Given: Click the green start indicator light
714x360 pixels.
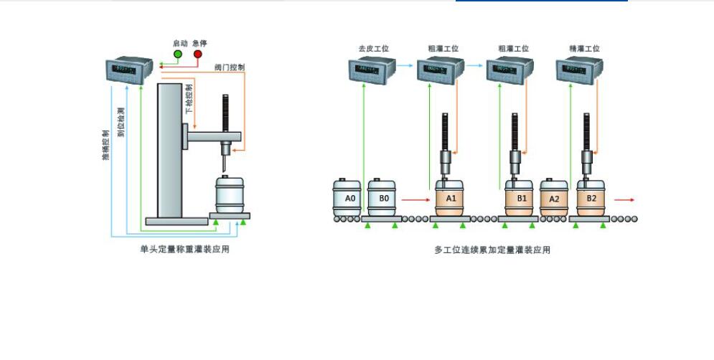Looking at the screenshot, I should tap(177, 55).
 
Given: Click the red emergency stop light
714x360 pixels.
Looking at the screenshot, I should tap(197, 55).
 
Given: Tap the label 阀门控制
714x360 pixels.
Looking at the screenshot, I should tap(229, 67).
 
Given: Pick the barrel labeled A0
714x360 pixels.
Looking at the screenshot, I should tap(349, 197).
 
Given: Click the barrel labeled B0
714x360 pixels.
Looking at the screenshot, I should tap(383, 197).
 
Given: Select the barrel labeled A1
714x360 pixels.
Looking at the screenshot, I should tap(450, 197).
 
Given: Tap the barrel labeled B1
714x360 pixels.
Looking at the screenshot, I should tap(521, 197).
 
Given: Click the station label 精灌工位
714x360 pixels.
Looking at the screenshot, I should tap(584, 49).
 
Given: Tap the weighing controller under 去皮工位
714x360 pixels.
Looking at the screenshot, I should tap(370, 70).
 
